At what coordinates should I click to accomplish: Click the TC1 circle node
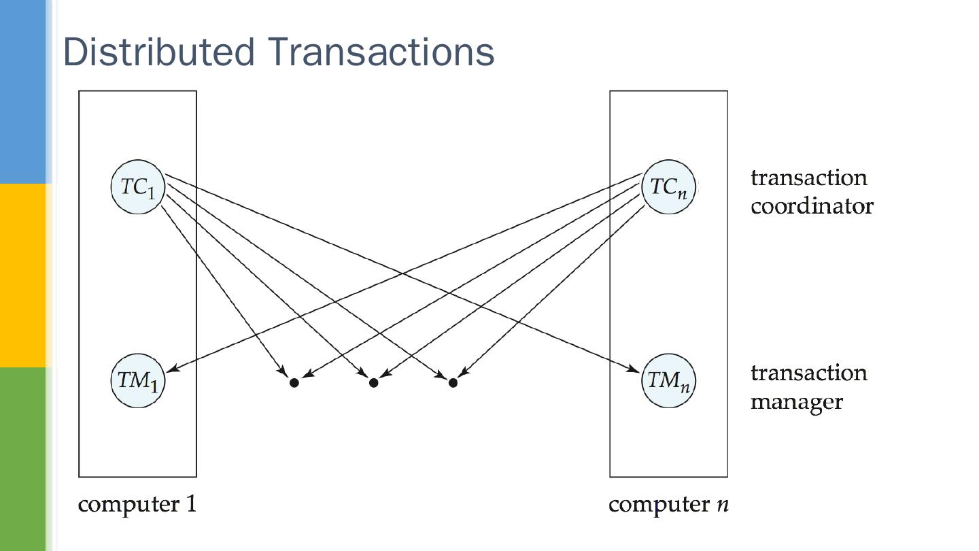coord(138,186)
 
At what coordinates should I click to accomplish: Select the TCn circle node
coord(668,186)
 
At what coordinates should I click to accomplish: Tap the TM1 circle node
coord(138,380)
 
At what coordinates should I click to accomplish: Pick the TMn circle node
coord(668,380)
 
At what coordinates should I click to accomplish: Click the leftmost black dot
coord(294,383)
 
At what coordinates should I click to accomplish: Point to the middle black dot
coord(373,383)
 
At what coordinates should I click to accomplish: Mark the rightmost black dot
coord(453,383)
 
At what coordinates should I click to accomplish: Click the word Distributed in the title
coord(159,52)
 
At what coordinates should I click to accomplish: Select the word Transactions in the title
coord(381,52)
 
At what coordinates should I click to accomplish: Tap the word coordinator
coord(812,206)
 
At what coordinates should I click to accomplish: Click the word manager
coord(797,401)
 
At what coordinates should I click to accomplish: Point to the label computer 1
coord(137,505)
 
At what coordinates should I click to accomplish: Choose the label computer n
coord(668,505)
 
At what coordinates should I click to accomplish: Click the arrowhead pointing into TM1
coord(171,368)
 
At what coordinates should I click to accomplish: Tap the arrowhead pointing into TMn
coord(634,369)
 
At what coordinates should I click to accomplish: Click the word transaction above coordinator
coord(809,178)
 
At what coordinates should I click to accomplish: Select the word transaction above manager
coord(809,373)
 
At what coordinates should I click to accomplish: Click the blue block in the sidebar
coord(22,91)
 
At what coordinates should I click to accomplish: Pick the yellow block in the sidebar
coord(22,275)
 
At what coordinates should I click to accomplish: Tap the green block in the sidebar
coord(22,458)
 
